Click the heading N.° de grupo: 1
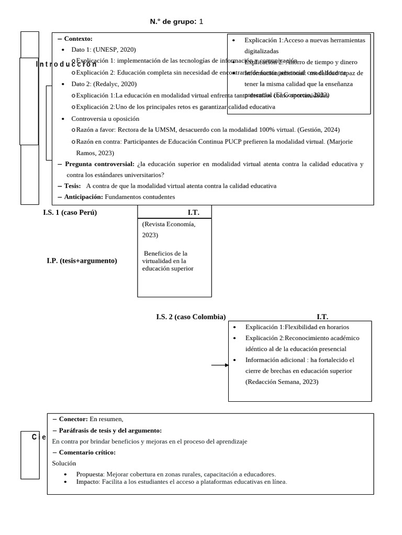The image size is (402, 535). tap(176, 21)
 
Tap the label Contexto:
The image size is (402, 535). tap(78, 39)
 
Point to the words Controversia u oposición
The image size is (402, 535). tap(105, 119)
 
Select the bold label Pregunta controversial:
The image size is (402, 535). tap(99, 164)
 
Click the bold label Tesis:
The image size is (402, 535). tap(72, 186)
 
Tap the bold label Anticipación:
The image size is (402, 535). tap(83, 197)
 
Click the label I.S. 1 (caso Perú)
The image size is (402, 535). tap(70, 213)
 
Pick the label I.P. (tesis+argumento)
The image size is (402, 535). tap(82, 261)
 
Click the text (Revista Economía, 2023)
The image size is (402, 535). tap(169, 229)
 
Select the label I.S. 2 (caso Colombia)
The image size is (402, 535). tap(191, 317)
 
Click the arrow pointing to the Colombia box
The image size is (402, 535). tap(220, 365)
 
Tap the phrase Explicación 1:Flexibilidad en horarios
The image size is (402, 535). tap(297, 327)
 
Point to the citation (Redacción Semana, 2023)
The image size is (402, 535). tap(282, 382)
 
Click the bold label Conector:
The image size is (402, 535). tap(73, 419)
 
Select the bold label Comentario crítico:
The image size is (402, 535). tap(87, 452)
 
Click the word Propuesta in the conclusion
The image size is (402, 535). tap(90, 474)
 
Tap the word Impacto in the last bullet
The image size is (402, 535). tap(87, 482)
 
